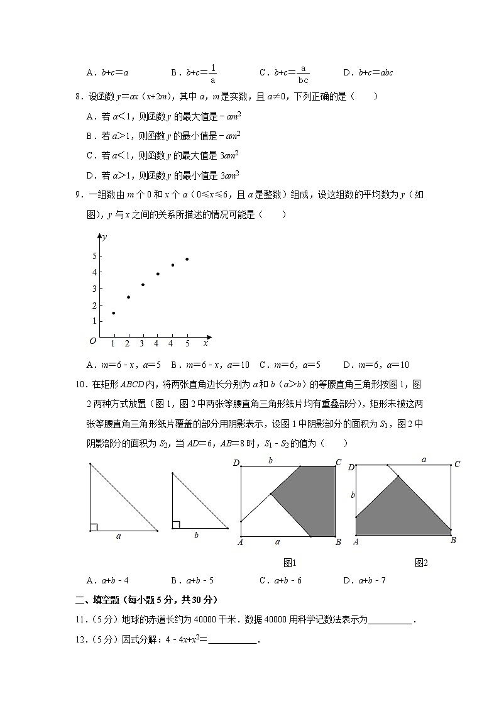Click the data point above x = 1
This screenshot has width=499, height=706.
[113, 312]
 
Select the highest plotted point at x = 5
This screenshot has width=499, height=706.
[187, 259]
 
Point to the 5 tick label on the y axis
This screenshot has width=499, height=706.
[94, 256]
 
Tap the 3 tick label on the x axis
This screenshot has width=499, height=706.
[142, 343]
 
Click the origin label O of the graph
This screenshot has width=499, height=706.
[93, 340]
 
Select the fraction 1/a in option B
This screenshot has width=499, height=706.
[213, 73]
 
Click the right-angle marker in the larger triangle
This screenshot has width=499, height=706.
[94, 527]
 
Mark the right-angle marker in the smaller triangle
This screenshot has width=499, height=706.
[176, 524]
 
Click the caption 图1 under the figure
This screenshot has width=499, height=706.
[290, 563]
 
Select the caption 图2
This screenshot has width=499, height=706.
[421, 563]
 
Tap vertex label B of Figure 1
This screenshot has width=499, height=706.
[338, 542]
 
